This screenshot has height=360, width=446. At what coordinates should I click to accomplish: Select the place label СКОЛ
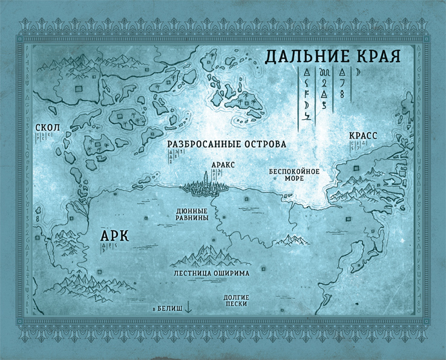click(x=47, y=128)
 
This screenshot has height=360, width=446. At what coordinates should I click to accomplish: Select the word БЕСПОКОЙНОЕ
click(x=294, y=171)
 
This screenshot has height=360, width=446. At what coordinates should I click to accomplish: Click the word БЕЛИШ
click(x=169, y=308)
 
